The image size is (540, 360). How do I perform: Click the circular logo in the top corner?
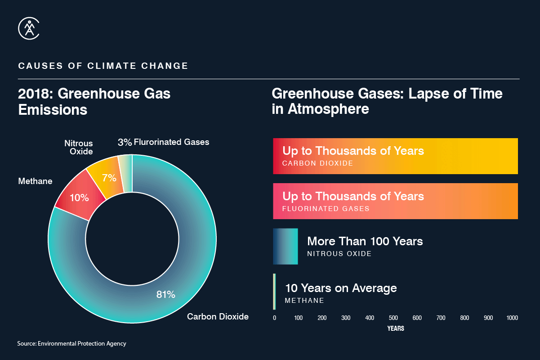29,28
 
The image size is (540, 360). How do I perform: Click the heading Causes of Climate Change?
103,66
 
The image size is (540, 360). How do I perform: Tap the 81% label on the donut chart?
165,295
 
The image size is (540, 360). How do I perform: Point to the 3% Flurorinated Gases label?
163,142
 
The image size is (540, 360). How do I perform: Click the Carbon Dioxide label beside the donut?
218,316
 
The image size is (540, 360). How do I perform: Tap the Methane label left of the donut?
35,181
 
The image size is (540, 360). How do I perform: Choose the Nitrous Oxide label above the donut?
78,147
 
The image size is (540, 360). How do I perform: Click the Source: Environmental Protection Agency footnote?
72,343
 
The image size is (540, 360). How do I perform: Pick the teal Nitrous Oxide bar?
285,246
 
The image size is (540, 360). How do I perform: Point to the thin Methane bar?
274,292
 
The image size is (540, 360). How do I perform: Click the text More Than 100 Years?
365,241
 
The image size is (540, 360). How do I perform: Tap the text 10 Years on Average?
341,288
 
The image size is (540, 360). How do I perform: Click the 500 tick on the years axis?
393,318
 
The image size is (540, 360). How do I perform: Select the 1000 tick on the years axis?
512,318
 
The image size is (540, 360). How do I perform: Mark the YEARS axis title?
396,328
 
